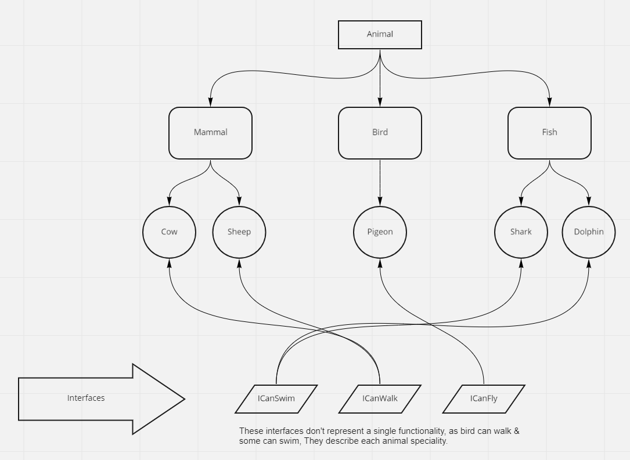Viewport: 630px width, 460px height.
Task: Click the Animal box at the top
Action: tap(380, 35)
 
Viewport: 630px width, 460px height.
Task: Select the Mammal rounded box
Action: tap(210, 133)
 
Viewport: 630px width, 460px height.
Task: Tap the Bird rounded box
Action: tap(380, 133)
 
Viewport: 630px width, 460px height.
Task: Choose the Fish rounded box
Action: tap(549, 133)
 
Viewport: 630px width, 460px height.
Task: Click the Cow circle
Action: tap(169, 232)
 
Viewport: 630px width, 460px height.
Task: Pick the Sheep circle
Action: tap(239, 232)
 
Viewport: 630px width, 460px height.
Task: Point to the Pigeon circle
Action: tap(380, 232)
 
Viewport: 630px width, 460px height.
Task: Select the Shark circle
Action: tap(521, 232)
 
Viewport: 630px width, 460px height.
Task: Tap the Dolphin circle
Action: tap(589, 232)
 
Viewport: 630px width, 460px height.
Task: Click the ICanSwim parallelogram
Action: tap(276, 399)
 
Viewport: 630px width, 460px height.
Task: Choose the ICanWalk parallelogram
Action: tap(380, 399)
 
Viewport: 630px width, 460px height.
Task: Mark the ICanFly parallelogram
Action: tap(484, 399)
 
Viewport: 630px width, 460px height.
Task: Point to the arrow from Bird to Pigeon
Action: tap(380, 180)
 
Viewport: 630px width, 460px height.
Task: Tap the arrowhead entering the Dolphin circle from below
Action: tap(589, 262)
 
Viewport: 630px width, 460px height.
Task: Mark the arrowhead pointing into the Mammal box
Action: tap(210, 103)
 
